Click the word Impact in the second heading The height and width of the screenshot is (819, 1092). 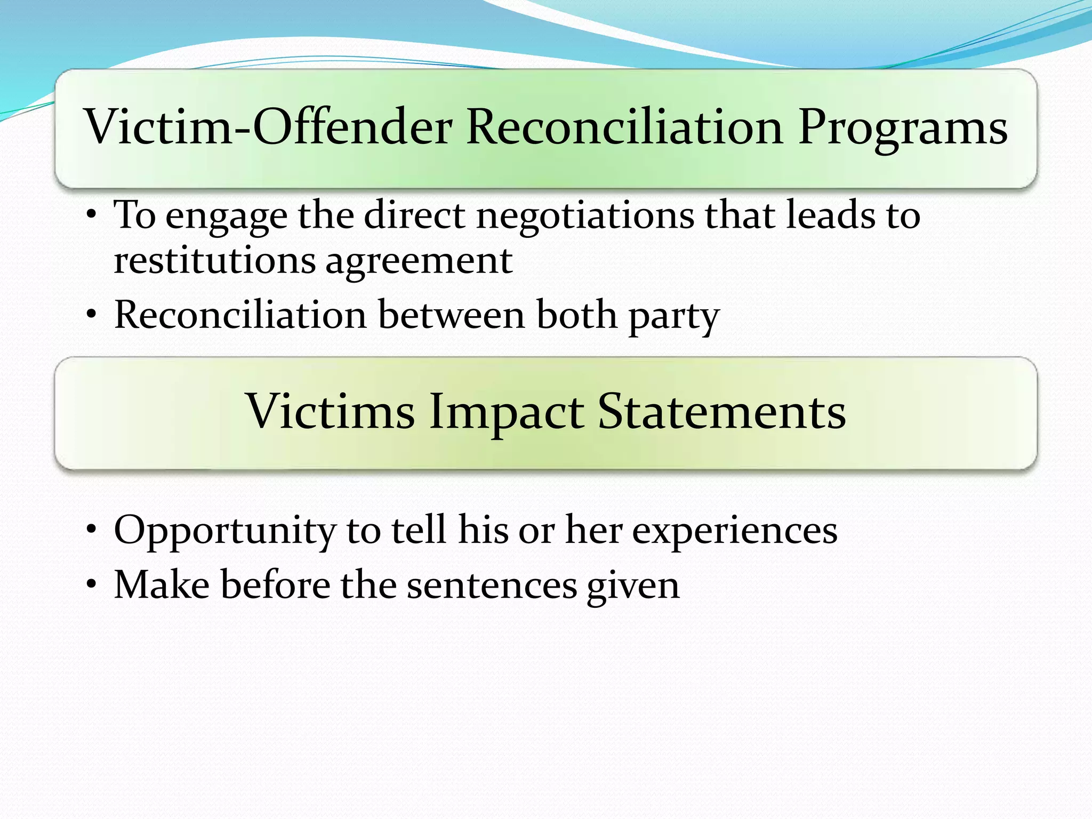pyautogui.click(x=506, y=412)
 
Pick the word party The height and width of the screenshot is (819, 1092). pyautogui.click(x=674, y=316)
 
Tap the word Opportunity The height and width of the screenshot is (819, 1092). pyautogui.click(x=224, y=531)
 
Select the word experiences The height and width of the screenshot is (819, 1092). pyautogui.click(x=735, y=531)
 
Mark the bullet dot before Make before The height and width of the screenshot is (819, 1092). pyautogui.click(x=92, y=585)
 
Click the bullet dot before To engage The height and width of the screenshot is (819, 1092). pyautogui.click(x=92, y=216)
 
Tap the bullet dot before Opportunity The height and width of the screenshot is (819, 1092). pyautogui.click(x=92, y=531)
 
